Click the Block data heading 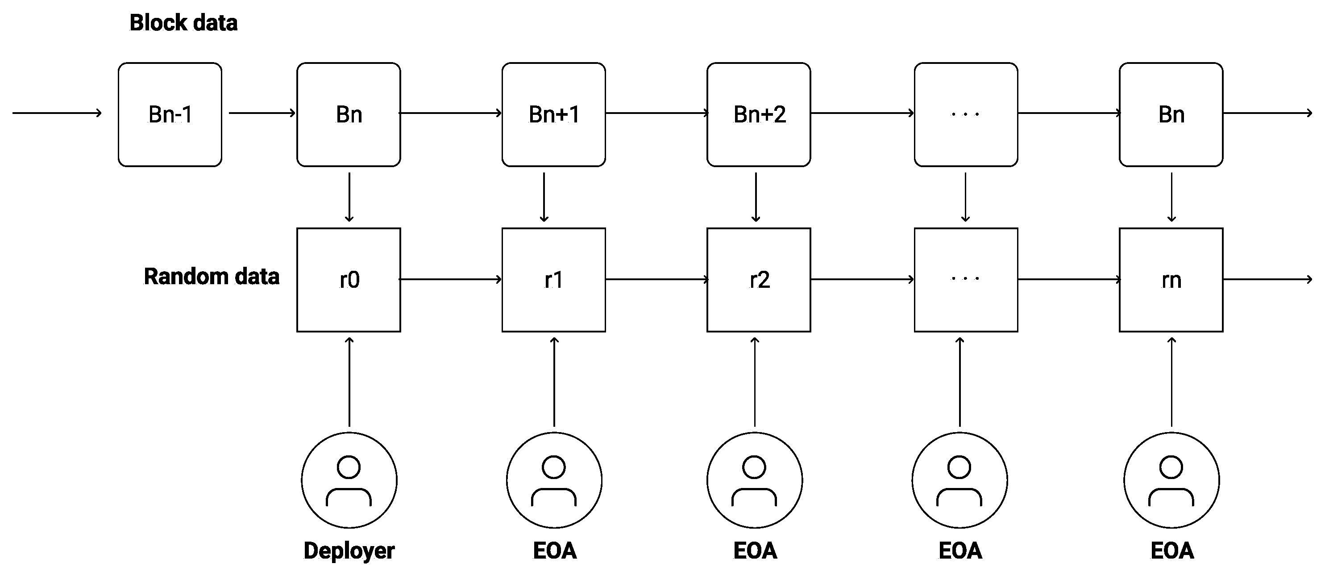pos(183,23)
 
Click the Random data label pos(212,277)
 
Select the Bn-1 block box pos(170,114)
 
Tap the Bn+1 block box pos(553,114)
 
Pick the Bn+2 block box pos(759,114)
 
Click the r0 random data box pos(349,280)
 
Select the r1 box pos(553,280)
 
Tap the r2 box pos(759,280)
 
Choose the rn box pos(1171,280)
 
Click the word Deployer pos(349,551)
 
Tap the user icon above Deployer pos(349,480)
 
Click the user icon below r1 pos(554,480)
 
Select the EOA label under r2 pos(755,551)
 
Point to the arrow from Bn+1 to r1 pos(544,197)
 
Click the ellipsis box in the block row pos(965,114)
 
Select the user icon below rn pos(1171,480)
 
